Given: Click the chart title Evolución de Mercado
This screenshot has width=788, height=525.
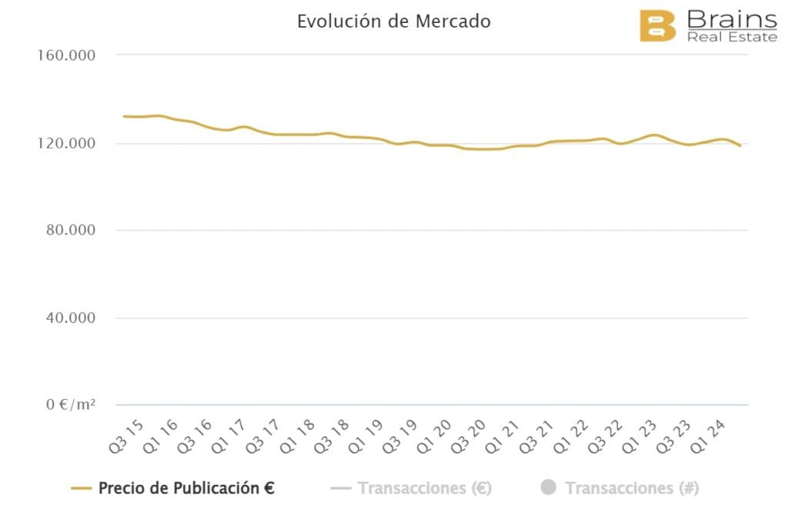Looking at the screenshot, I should point(393,22).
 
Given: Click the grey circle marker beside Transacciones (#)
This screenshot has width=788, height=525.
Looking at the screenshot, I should point(548,487).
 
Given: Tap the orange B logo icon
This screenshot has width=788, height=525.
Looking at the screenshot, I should point(657,25).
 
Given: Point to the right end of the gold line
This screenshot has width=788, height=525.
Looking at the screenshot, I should point(740,145).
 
